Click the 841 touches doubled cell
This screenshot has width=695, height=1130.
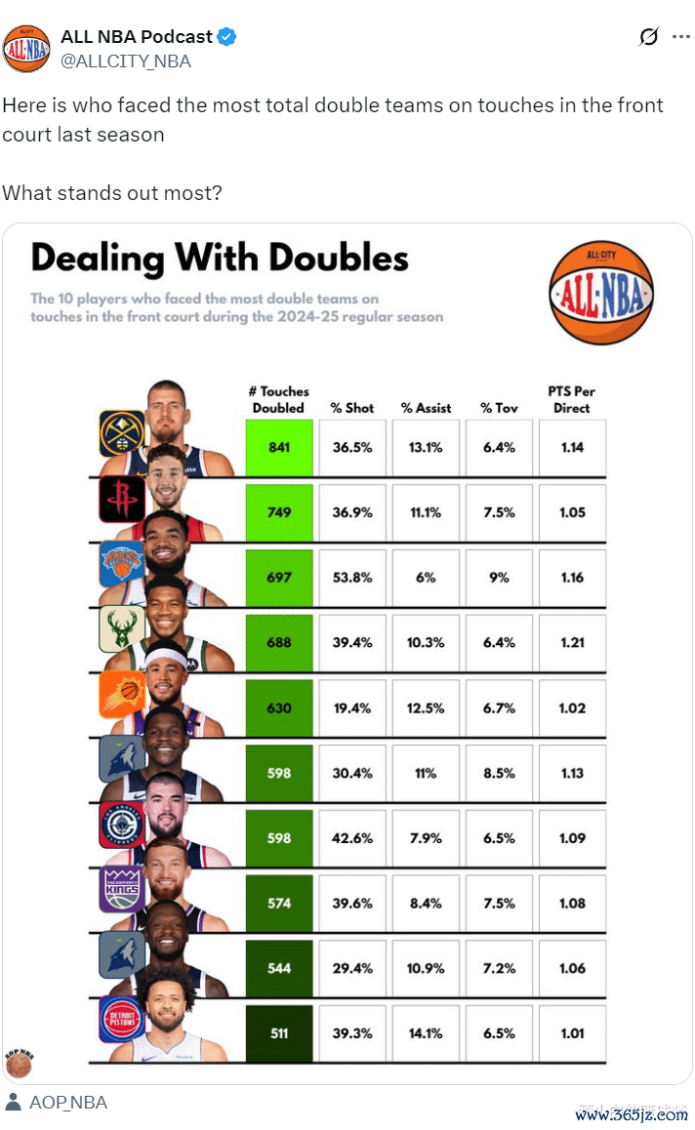(x=279, y=448)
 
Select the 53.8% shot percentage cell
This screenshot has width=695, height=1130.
(x=351, y=578)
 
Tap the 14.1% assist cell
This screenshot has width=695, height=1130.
(x=426, y=1033)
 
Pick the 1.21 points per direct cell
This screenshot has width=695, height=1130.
(x=572, y=643)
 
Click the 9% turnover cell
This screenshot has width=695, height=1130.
(x=499, y=578)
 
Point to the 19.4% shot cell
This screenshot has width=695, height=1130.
(x=351, y=708)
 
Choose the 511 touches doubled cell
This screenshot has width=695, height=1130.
(x=279, y=1033)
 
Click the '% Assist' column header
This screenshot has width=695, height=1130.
(x=426, y=408)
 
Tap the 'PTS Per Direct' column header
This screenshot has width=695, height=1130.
(x=572, y=399)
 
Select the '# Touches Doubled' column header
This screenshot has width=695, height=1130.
(x=279, y=399)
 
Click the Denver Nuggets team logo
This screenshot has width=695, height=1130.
(x=122, y=433)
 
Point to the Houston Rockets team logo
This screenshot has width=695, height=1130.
(x=122, y=499)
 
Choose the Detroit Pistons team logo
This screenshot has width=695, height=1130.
(x=122, y=1020)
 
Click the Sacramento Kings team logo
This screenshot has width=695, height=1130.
(x=122, y=889)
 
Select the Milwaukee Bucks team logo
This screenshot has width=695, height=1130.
(x=122, y=629)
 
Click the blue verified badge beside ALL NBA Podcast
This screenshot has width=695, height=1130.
(x=227, y=37)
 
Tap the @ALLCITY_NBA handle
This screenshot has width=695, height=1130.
(x=126, y=61)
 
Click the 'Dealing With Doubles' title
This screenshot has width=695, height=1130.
(x=220, y=259)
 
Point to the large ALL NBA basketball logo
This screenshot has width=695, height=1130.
(x=601, y=294)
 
